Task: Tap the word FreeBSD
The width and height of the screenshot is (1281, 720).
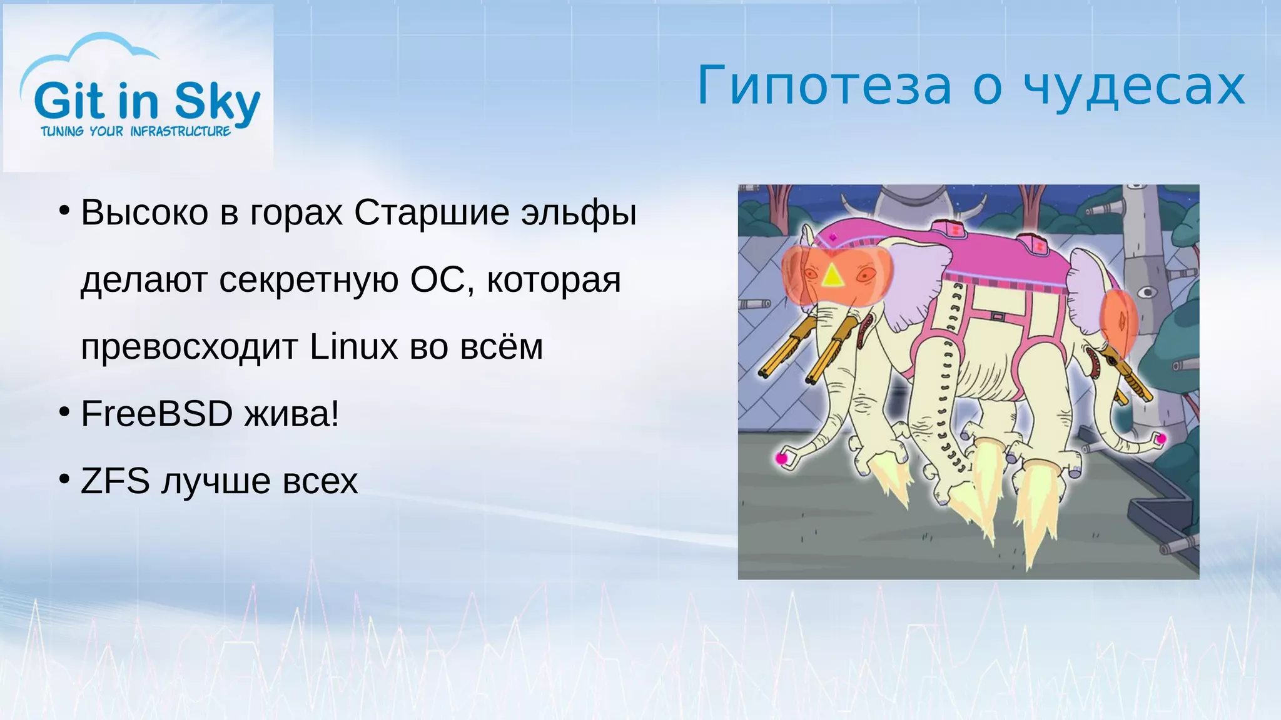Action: [x=156, y=414]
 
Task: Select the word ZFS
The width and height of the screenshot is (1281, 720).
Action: [x=115, y=481]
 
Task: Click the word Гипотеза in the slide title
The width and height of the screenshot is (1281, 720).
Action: [x=824, y=86]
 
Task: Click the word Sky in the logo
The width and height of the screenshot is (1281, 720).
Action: [x=217, y=101]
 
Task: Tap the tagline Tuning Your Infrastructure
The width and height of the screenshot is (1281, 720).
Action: [x=135, y=131]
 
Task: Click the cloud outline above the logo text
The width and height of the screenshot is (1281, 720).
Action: [x=94, y=53]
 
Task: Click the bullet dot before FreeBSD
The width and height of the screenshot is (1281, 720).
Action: [x=64, y=412]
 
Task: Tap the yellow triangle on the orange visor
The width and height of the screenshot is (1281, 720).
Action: [x=832, y=276]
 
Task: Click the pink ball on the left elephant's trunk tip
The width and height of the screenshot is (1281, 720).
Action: [x=781, y=458]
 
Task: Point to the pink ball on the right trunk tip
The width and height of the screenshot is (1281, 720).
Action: [x=1161, y=439]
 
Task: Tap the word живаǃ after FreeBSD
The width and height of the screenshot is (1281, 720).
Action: [x=291, y=414]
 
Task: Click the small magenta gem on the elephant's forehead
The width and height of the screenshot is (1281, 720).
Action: [x=833, y=237]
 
